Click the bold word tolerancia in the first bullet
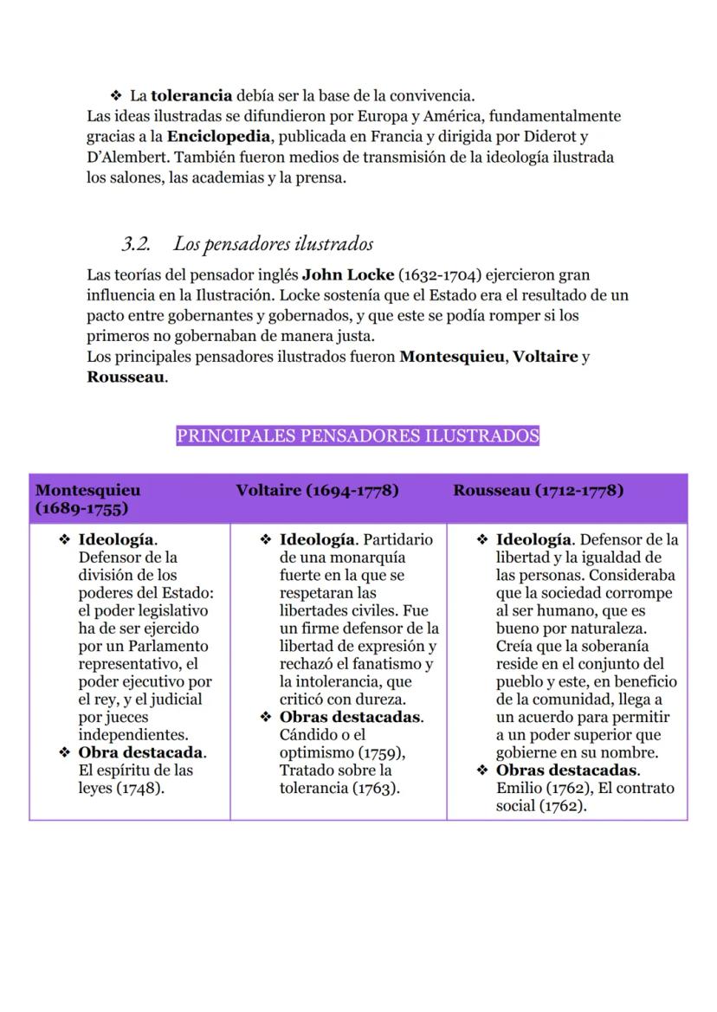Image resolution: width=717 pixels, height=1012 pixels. point(191,95)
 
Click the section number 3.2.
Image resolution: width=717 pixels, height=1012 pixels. point(135,244)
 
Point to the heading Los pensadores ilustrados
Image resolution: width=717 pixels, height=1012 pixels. point(273,244)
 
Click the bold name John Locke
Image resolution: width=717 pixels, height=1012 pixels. point(347,275)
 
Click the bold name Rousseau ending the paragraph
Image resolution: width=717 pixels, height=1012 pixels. point(126,377)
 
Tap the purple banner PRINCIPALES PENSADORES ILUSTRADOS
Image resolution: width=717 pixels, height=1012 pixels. point(358,435)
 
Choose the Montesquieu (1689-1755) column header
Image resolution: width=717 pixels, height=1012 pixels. point(87,499)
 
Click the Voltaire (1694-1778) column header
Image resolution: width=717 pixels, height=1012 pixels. point(317,491)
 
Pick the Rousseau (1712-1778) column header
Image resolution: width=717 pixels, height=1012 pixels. point(538,491)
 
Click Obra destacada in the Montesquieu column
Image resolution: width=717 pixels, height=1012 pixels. point(141,752)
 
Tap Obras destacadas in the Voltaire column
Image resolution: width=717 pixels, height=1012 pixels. point(351,717)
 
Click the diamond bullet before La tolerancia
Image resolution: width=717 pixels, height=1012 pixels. point(115,95)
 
